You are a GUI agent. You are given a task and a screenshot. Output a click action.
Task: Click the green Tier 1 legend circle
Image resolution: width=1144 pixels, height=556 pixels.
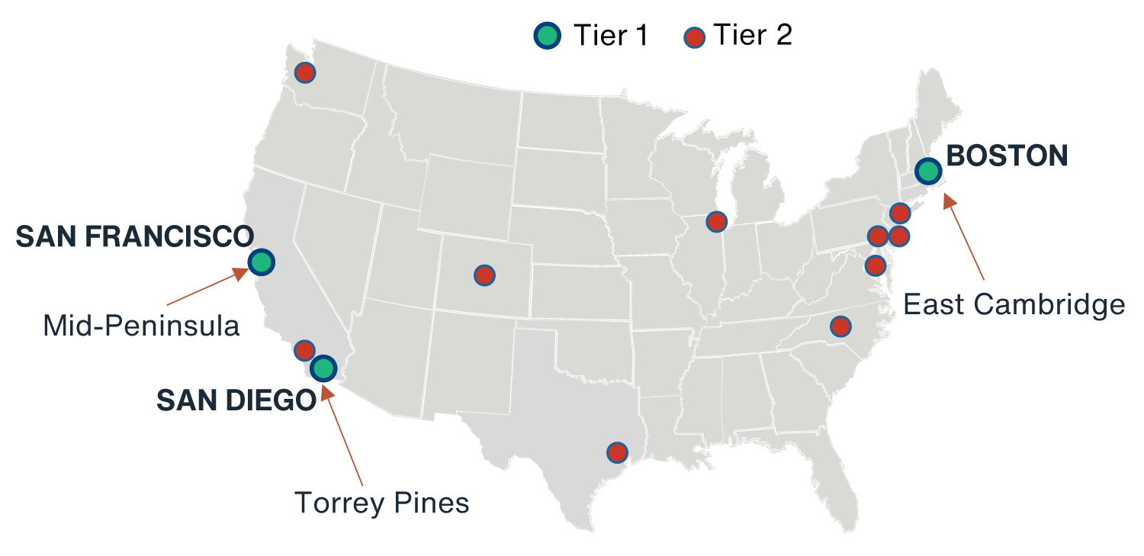click(547, 35)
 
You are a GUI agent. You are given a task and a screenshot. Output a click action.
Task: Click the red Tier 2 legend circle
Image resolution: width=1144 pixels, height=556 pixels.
click(695, 35)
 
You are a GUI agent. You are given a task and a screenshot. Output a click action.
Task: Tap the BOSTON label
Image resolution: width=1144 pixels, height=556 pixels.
click(1007, 156)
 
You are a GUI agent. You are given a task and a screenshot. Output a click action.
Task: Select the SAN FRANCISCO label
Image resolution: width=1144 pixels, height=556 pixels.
click(135, 236)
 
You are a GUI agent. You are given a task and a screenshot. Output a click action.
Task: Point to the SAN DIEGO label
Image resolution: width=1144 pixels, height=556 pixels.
click(236, 400)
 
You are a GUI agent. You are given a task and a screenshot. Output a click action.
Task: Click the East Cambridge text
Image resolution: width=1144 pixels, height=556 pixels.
click(1014, 304)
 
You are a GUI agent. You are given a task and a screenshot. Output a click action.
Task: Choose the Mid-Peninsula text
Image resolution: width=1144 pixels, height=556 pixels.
click(142, 326)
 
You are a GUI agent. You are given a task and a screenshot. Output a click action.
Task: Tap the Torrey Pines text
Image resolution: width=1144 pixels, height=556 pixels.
click(381, 503)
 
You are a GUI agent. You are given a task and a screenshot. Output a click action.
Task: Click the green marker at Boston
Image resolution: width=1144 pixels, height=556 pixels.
click(927, 171)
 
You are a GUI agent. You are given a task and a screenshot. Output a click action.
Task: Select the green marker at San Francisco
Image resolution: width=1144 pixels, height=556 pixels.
click(261, 262)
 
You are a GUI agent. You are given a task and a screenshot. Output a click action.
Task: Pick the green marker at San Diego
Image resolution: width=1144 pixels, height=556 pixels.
click(323, 368)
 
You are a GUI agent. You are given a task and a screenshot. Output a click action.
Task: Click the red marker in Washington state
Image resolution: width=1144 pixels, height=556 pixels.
click(305, 72)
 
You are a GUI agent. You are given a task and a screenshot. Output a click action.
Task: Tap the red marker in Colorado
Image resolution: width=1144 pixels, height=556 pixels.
click(484, 275)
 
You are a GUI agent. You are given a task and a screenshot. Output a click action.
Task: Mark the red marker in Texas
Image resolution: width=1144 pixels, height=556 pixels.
click(617, 452)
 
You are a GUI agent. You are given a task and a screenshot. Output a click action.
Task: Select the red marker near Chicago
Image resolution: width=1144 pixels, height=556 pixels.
click(716, 221)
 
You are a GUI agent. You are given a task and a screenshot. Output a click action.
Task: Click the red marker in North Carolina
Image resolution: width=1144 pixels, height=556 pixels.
click(840, 326)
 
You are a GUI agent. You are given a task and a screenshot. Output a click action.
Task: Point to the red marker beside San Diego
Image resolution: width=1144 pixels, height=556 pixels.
click(304, 350)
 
